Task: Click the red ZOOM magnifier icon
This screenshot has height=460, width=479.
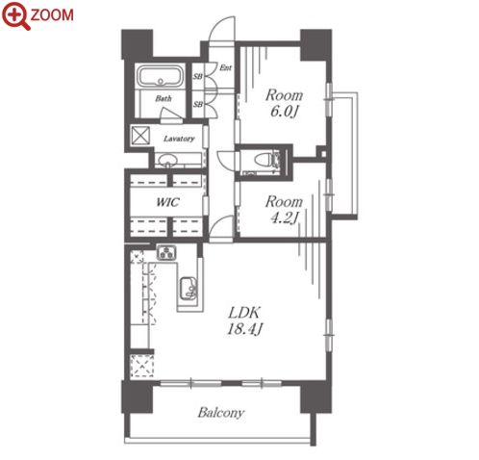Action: click(x=15, y=15)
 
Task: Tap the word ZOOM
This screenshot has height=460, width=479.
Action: click(x=52, y=15)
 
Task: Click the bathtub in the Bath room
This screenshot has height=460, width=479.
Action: click(x=160, y=76)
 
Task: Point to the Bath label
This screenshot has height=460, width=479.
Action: click(x=164, y=98)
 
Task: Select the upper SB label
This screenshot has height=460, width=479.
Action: click(x=198, y=76)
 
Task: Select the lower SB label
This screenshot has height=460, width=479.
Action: click(x=198, y=104)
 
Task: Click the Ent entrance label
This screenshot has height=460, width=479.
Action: click(x=226, y=67)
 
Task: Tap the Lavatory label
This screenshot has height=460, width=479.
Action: click(x=179, y=139)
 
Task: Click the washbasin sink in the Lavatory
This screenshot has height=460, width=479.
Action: click(x=168, y=160)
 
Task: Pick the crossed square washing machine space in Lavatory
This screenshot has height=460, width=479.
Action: click(x=140, y=136)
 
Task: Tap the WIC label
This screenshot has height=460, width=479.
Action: click(x=167, y=202)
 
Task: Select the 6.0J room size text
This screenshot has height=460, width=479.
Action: click(x=284, y=112)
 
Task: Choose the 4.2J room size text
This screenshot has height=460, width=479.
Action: click(x=284, y=218)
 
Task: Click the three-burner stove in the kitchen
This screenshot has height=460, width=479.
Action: click(x=166, y=252)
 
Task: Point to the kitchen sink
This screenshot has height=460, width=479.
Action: click(x=189, y=288)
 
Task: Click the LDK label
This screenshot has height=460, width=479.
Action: click(x=244, y=313)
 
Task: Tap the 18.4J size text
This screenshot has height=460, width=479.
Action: click(x=245, y=329)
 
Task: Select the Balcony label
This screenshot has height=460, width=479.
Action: click(x=221, y=413)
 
